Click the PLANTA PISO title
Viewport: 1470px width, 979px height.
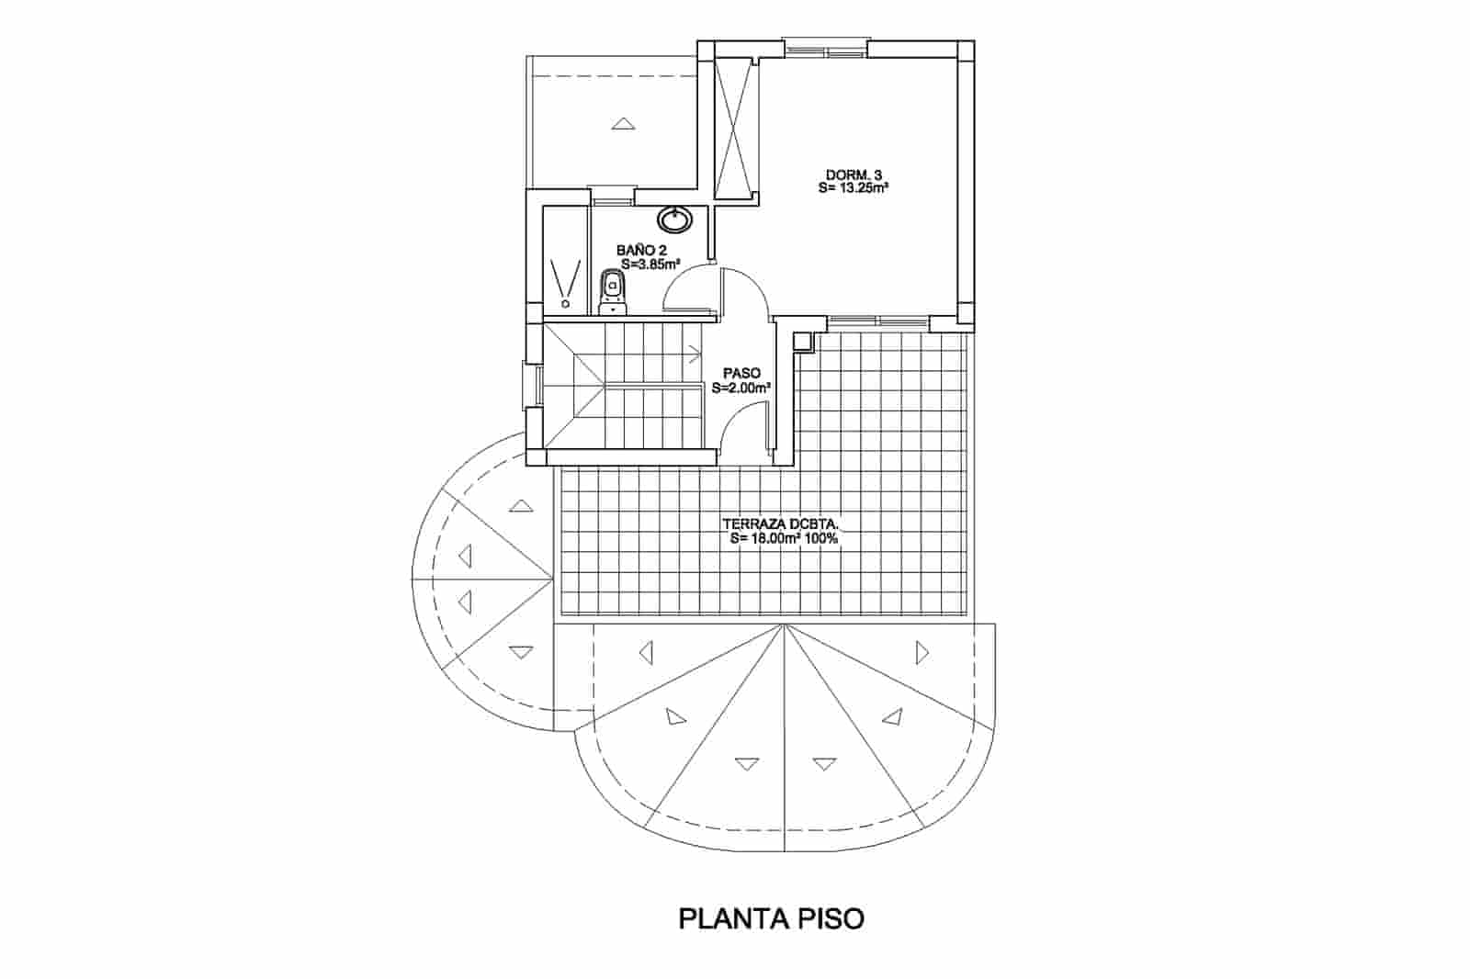point(771,919)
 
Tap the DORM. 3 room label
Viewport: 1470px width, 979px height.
point(854,175)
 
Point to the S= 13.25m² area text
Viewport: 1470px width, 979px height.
point(854,188)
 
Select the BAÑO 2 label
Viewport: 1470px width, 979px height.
point(641,251)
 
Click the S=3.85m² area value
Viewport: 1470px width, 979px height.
point(650,264)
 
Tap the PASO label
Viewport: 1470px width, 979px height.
point(741,374)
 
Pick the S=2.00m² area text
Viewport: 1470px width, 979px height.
point(741,388)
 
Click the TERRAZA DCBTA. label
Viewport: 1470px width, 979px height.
point(781,524)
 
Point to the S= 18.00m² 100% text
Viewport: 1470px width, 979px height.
point(785,539)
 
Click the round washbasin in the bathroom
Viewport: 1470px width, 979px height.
point(674,219)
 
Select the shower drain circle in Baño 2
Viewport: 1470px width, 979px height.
point(566,305)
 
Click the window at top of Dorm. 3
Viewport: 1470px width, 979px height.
point(827,50)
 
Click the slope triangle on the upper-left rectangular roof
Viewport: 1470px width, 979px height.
point(624,123)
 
